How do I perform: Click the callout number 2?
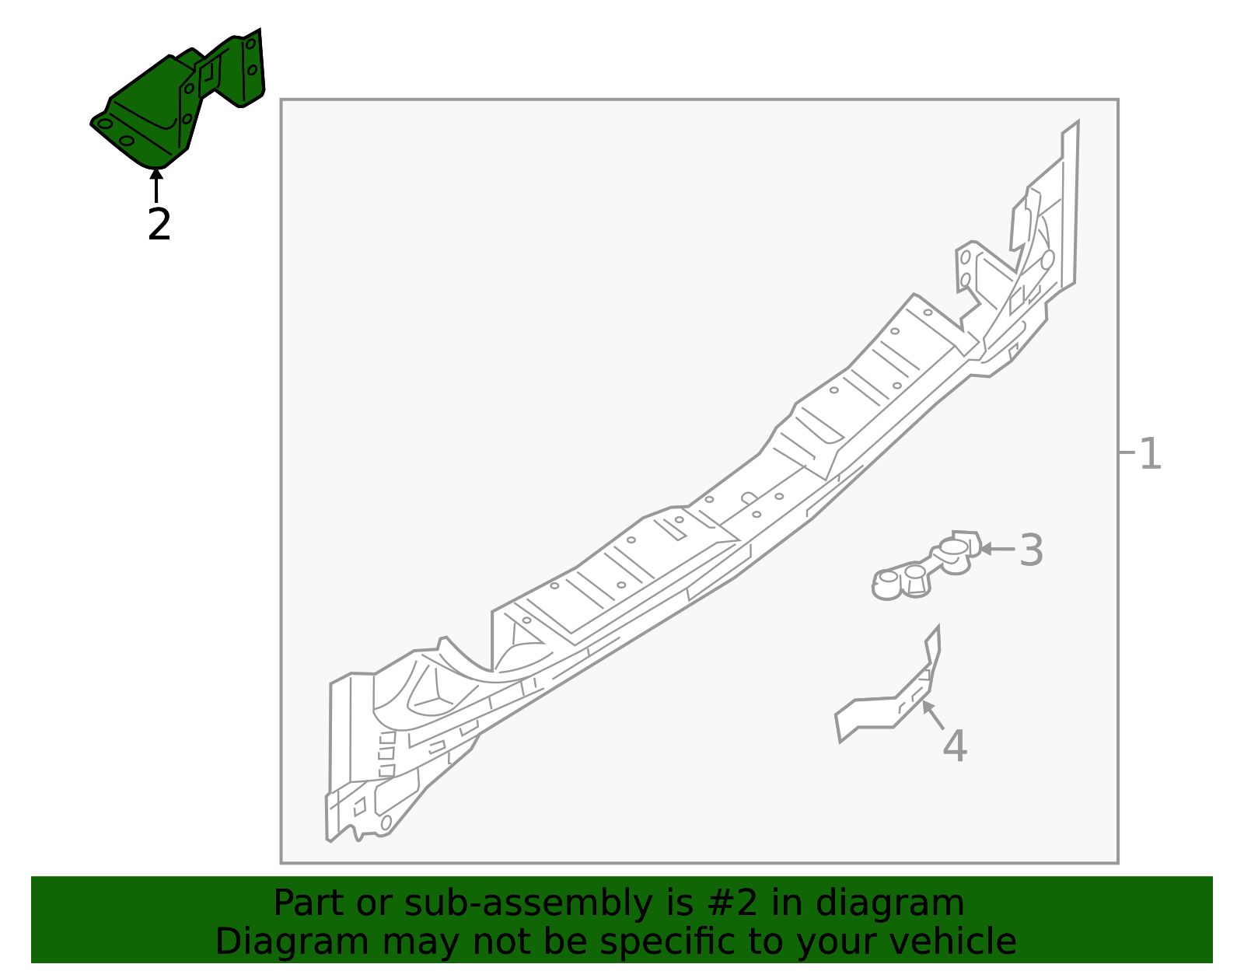[159, 225]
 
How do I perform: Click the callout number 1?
[1151, 454]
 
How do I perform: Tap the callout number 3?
[1032, 550]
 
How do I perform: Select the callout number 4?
[955, 746]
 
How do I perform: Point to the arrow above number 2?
[155, 185]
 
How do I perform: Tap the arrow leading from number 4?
[933, 715]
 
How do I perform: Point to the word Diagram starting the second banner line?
[292, 943]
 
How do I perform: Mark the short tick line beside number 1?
[1127, 452]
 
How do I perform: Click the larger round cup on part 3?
[954, 549]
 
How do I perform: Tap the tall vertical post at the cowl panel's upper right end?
[1069, 206]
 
